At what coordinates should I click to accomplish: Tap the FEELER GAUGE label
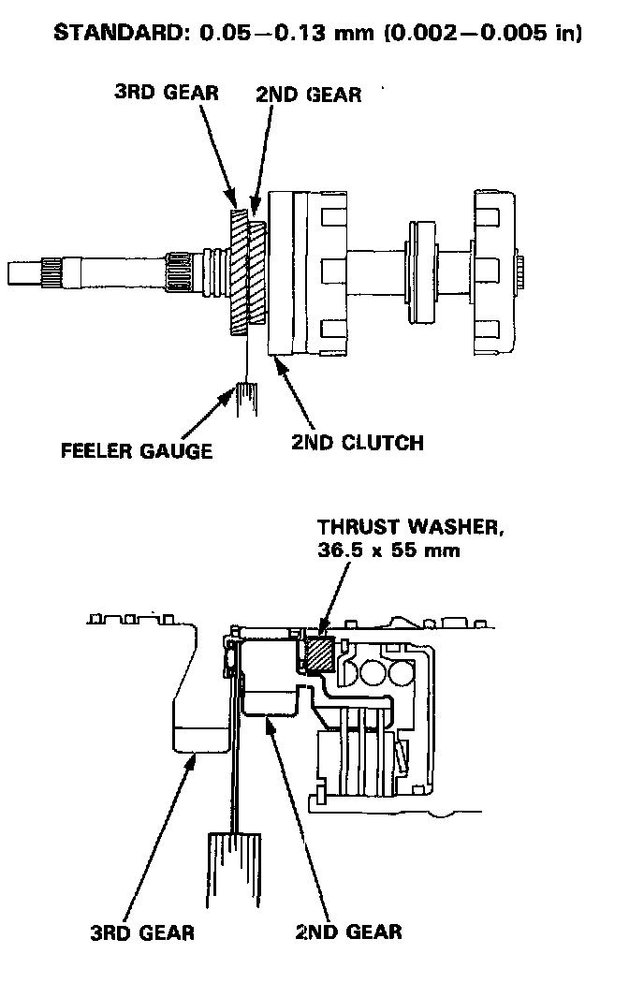tap(137, 450)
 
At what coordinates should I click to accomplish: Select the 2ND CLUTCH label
tap(357, 442)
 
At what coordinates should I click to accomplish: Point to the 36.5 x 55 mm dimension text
tap(388, 550)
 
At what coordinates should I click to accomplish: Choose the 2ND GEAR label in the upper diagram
tap(309, 95)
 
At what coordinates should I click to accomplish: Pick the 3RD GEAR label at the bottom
tap(142, 932)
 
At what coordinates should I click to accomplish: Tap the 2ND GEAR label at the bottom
tap(348, 932)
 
